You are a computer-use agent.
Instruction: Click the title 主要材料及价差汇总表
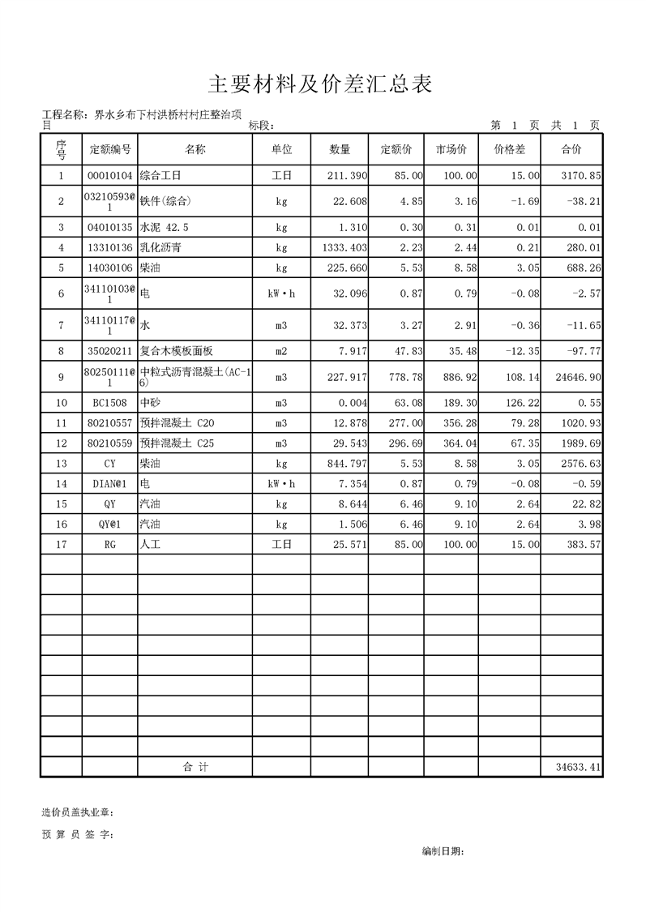[x=322, y=83]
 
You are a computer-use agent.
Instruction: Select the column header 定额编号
[x=109, y=150]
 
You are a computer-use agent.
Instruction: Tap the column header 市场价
[x=451, y=150]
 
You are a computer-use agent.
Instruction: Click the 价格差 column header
[x=510, y=150]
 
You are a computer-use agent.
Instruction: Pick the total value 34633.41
[x=578, y=767]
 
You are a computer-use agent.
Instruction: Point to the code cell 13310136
[x=109, y=247]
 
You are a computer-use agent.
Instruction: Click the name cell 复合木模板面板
[x=177, y=351]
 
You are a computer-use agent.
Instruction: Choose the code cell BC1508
[x=109, y=403]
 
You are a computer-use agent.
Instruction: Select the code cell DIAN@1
[x=109, y=484]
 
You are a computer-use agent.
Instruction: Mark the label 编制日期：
[x=443, y=851]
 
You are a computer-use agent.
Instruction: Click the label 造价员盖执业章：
[x=78, y=812]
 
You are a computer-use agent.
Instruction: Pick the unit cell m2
[x=281, y=351]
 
